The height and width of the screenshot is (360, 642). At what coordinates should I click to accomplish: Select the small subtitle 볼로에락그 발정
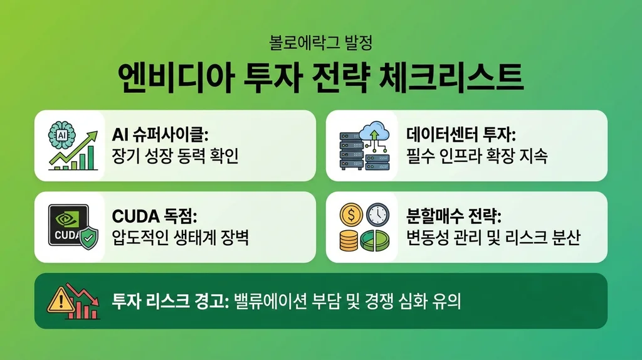point(320,45)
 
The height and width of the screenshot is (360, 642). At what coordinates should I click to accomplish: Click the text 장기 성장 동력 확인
point(175,155)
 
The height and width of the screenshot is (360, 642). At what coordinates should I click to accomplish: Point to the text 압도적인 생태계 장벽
point(180,237)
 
